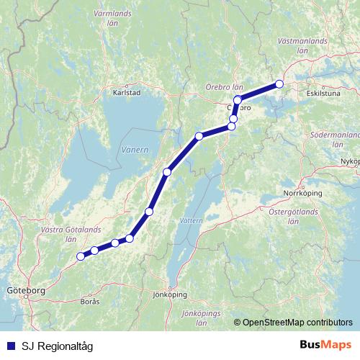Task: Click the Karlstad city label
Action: click(127, 92)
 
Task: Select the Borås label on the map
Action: click(90, 301)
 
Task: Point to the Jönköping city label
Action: click(171, 294)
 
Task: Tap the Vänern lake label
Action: click(135, 150)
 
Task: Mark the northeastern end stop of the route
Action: click(279, 84)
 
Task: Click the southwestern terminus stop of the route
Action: click(80, 256)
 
